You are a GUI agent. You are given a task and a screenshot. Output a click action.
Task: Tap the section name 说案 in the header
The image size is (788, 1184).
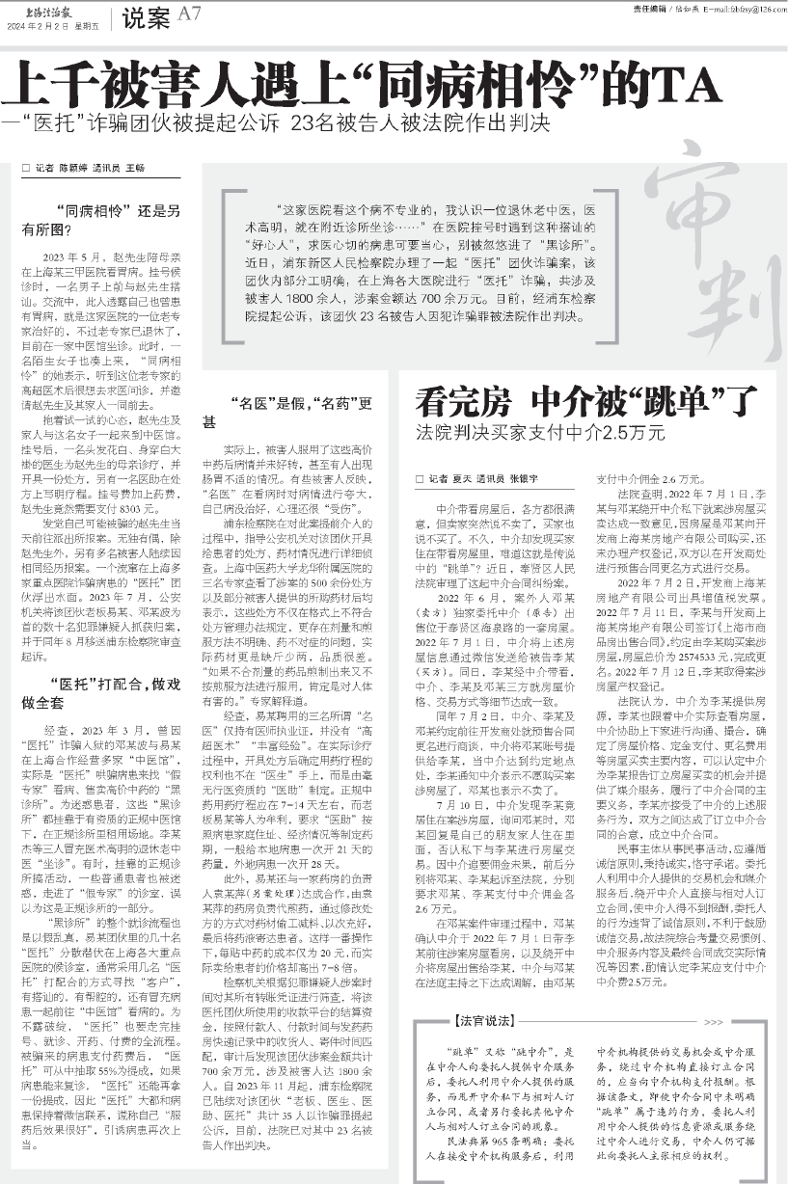(146, 16)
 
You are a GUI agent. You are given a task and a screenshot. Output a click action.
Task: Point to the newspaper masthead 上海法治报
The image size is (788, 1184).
(44, 9)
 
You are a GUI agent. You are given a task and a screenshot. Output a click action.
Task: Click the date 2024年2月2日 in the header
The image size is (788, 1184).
(33, 26)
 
